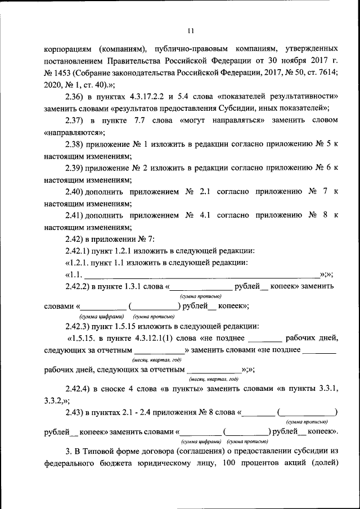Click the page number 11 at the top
191,30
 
